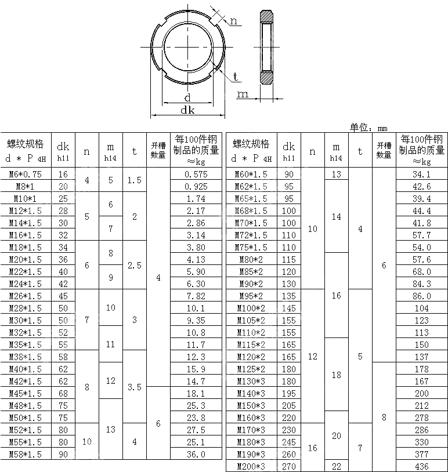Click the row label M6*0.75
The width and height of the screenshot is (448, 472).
point(26,174)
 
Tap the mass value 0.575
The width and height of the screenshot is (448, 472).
point(196,174)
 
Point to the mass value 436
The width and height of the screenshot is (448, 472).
point(421,466)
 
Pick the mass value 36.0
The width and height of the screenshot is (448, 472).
point(196,454)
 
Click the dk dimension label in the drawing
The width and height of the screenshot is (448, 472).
point(187,110)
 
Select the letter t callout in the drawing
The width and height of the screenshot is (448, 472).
point(236,77)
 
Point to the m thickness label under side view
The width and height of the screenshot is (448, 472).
point(243,94)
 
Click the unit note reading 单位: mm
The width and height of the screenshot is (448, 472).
point(368,128)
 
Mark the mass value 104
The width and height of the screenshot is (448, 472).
point(421,308)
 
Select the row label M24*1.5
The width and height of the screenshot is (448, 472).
point(26,284)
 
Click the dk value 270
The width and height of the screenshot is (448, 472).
point(288,466)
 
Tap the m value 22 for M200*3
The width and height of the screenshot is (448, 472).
point(336,466)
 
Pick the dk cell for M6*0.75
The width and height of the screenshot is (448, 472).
point(63,174)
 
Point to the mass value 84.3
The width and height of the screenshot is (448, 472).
point(421,284)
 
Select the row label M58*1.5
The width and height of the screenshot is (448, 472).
point(26,454)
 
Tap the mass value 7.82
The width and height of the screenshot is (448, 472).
point(196,296)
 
